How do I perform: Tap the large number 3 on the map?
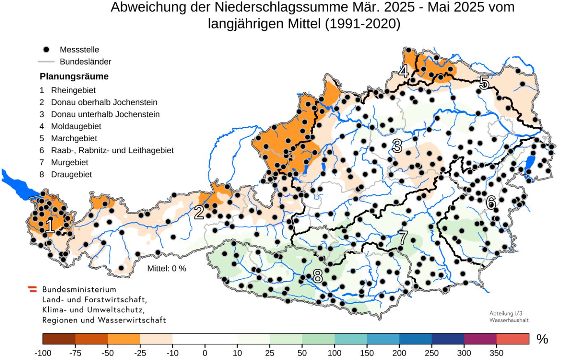(397, 146)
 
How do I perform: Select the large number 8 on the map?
(317, 277)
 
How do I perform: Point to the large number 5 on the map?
(484, 83)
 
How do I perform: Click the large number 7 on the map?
(403, 238)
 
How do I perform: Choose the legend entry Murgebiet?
(69, 162)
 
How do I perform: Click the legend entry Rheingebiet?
(73, 90)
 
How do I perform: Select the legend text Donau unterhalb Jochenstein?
(105, 114)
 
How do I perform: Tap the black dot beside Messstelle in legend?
(46, 49)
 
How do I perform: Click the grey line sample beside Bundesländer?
(46, 62)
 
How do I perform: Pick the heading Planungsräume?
(74, 77)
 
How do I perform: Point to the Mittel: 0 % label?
(167, 269)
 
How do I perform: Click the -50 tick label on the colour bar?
(108, 353)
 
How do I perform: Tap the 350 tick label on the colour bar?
(496, 353)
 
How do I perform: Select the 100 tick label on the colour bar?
(334, 353)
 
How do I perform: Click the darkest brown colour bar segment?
(59, 339)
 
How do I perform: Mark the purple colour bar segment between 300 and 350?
(480, 339)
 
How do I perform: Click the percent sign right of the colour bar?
(542, 339)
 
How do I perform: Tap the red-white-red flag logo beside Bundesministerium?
(32, 290)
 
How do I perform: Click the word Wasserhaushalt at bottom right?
(509, 320)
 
